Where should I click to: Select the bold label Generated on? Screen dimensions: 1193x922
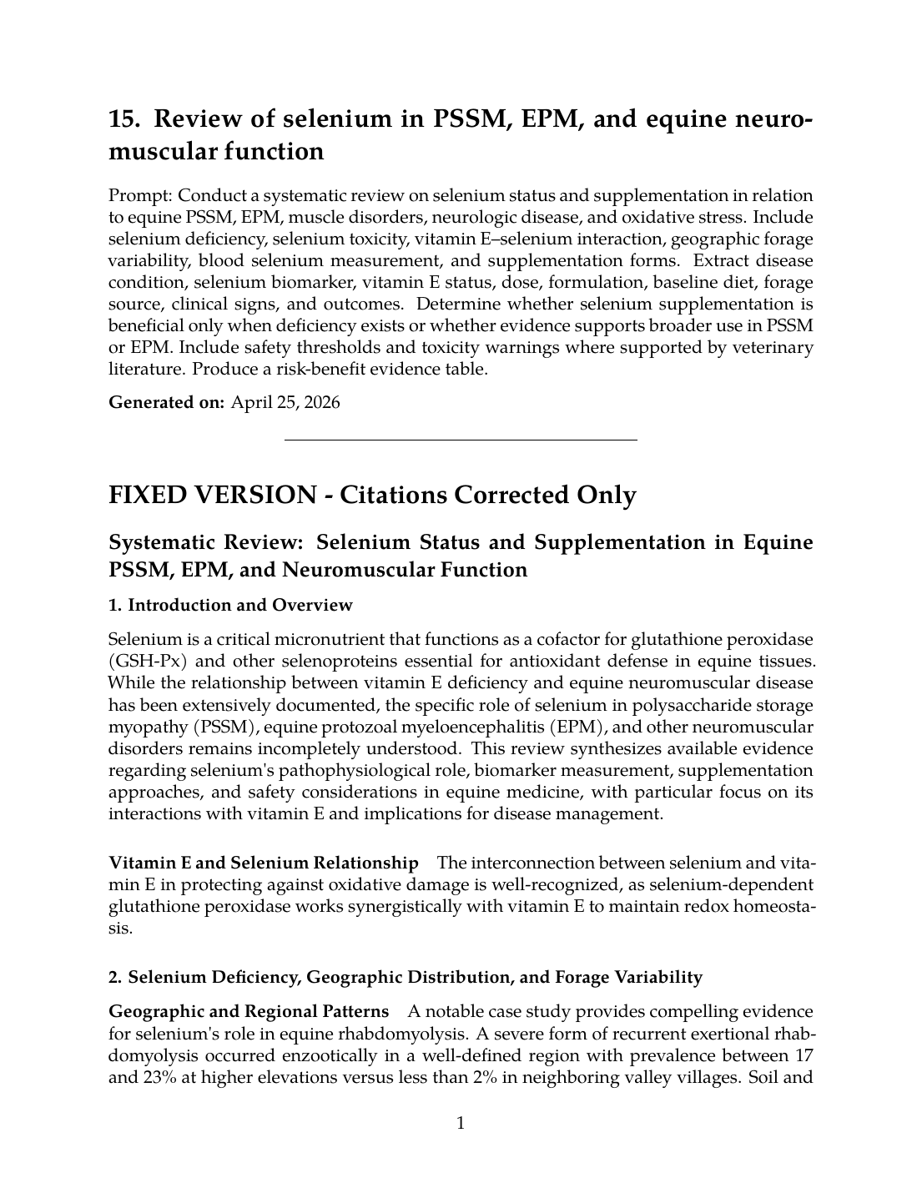(166, 402)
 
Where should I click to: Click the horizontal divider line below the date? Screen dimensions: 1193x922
(461, 439)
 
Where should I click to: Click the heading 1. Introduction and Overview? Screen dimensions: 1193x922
(230, 605)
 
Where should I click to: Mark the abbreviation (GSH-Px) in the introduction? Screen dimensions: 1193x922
(140, 662)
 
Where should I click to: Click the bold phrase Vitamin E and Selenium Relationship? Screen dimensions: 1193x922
(264, 863)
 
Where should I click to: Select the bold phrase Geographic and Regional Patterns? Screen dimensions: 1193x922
(249, 1012)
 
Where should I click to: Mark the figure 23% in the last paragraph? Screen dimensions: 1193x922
(152, 1077)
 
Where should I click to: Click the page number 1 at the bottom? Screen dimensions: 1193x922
(461, 1124)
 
